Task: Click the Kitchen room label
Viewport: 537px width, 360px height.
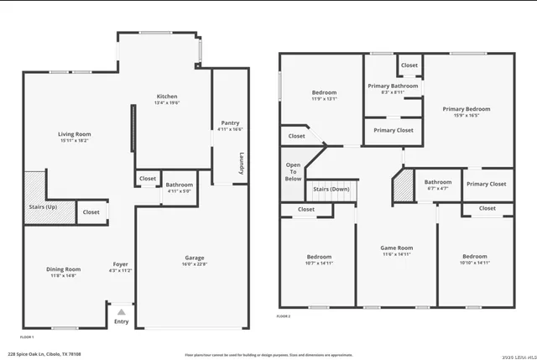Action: (167, 97)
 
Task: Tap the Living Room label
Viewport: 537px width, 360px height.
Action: (75, 134)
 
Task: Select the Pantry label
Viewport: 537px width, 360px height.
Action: (230, 123)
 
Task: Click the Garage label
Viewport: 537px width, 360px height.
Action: (195, 258)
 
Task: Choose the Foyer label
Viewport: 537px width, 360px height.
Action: (121, 264)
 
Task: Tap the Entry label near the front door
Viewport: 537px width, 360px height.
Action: (122, 321)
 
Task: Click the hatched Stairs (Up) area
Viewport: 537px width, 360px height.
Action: (34, 198)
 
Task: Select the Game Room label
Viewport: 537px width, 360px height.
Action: (397, 248)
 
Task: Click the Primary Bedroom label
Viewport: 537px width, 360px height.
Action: (467, 109)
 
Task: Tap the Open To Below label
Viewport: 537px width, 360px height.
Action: (293, 172)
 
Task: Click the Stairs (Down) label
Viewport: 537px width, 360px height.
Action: (331, 190)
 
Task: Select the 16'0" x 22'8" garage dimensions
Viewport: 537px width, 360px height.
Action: (195, 264)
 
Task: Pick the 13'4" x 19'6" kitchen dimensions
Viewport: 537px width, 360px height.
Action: (167, 103)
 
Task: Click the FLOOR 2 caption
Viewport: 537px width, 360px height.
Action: (284, 316)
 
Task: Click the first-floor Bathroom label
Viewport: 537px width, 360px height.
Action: (179, 185)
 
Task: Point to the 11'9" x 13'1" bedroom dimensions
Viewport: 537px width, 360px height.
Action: (325, 99)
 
